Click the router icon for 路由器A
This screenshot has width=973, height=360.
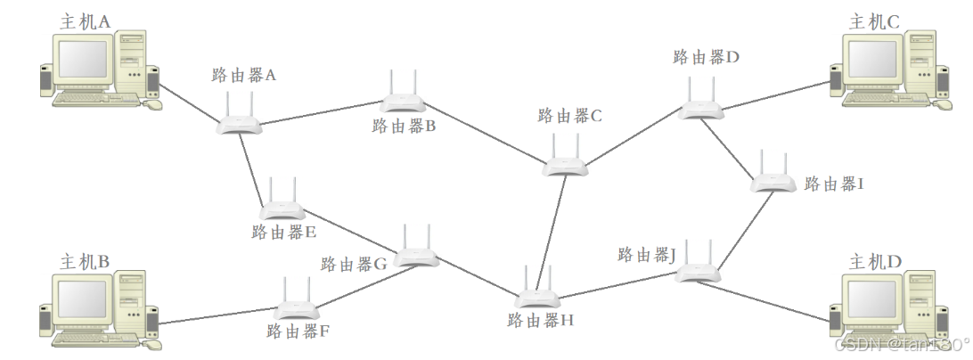[240, 122]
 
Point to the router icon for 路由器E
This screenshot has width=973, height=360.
[282, 208]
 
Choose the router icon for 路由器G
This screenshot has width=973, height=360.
[416, 254]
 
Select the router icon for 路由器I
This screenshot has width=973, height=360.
[773, 180]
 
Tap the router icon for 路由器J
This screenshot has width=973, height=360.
[698, 270]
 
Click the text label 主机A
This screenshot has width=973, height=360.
[86, 21]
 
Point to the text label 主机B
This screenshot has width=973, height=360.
[85, 262]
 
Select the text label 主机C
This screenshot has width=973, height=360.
[874, 22]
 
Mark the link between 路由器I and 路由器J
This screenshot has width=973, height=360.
[745, 228]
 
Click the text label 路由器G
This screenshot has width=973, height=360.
[354, 265]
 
